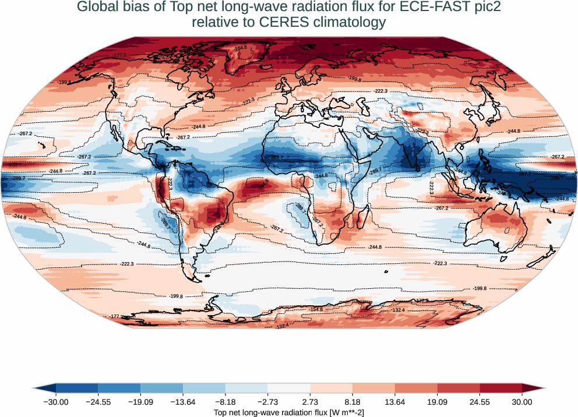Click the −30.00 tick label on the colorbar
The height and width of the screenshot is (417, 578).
[x=56, y=402]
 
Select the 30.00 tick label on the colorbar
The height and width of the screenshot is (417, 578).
[x=522, y=402]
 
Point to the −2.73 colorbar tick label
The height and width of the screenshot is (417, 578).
[x=268, y=402]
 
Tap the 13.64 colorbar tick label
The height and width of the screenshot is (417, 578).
[x=395, y=402]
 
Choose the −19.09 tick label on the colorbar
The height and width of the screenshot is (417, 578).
[x=140, y=402]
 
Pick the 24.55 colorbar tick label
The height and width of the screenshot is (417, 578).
[x=480, y=402]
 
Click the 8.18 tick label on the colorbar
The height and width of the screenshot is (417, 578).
[x=353, y=402]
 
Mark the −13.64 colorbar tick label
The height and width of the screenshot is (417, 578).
[x=183, y=402]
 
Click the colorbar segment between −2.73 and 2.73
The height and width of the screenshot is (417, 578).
[x=289, y=388]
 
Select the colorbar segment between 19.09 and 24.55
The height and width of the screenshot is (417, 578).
[x=459, y=388]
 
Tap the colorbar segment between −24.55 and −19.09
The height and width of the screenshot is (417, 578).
[x=119, y=388]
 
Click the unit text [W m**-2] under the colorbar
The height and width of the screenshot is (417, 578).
[x=347, y=412]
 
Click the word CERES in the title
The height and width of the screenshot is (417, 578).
[x=272, y=23]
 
